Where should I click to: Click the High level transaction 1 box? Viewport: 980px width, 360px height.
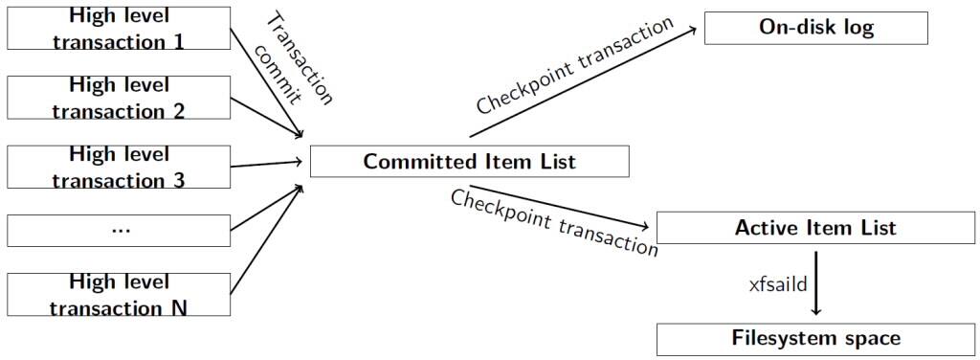[119, 28]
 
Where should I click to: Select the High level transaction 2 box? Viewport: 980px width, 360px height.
[119, 98]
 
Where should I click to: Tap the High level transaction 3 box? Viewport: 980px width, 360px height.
[119, 167]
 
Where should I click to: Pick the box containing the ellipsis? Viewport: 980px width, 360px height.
[119, 230]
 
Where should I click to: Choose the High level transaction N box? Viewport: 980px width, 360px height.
[119, 294]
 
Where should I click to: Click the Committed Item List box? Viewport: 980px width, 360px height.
[469, 161]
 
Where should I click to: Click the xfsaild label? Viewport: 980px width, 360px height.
[776, 284]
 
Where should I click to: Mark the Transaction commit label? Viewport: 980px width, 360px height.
[297, 59]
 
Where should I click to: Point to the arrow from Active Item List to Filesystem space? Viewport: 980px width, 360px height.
[815, 282]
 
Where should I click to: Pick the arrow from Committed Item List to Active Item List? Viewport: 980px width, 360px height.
[560, 205]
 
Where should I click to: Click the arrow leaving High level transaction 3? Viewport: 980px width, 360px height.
[268, 164]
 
